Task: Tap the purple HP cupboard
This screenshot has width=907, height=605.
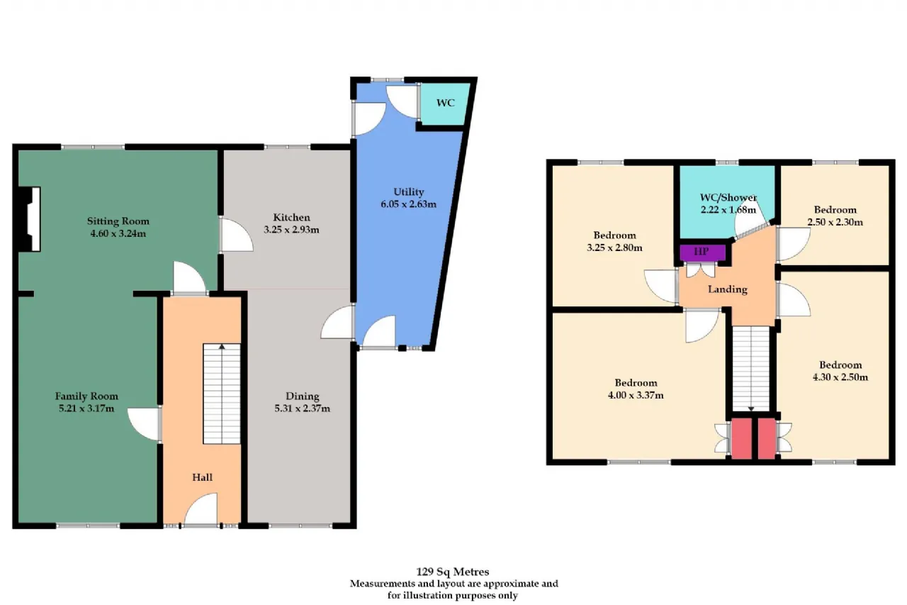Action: tap(702, 252)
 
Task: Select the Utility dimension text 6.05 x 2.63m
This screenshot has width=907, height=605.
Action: tap(409, 204)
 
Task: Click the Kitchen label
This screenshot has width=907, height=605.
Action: tap(291, 218)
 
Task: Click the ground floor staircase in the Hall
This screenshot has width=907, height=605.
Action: tap(222, 394)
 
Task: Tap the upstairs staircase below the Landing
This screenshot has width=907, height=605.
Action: tap(751, 369)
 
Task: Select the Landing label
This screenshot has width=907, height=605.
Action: tap(728, 289)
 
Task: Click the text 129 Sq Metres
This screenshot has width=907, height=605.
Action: tap(453, 572)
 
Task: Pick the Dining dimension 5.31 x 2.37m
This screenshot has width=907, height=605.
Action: tap(303, 409)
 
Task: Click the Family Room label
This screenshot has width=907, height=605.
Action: tap(86, 396)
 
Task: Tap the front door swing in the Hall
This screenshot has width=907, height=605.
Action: tap(201, 509)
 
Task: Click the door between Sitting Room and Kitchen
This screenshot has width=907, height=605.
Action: tap(236, 235)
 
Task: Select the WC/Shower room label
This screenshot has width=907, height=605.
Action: tap(728, 198)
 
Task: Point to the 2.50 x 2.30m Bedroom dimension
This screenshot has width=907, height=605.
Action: tap(835, 223)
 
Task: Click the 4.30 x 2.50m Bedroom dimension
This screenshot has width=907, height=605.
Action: tap(840, 377)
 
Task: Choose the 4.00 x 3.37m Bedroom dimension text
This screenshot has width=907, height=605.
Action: tap(636, 395)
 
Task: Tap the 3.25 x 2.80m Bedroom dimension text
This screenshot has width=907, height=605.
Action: tap(614, 248)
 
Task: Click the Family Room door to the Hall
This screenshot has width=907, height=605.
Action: tap(144, 424)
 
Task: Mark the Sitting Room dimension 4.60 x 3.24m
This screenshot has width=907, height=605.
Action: tap(118, 234)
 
